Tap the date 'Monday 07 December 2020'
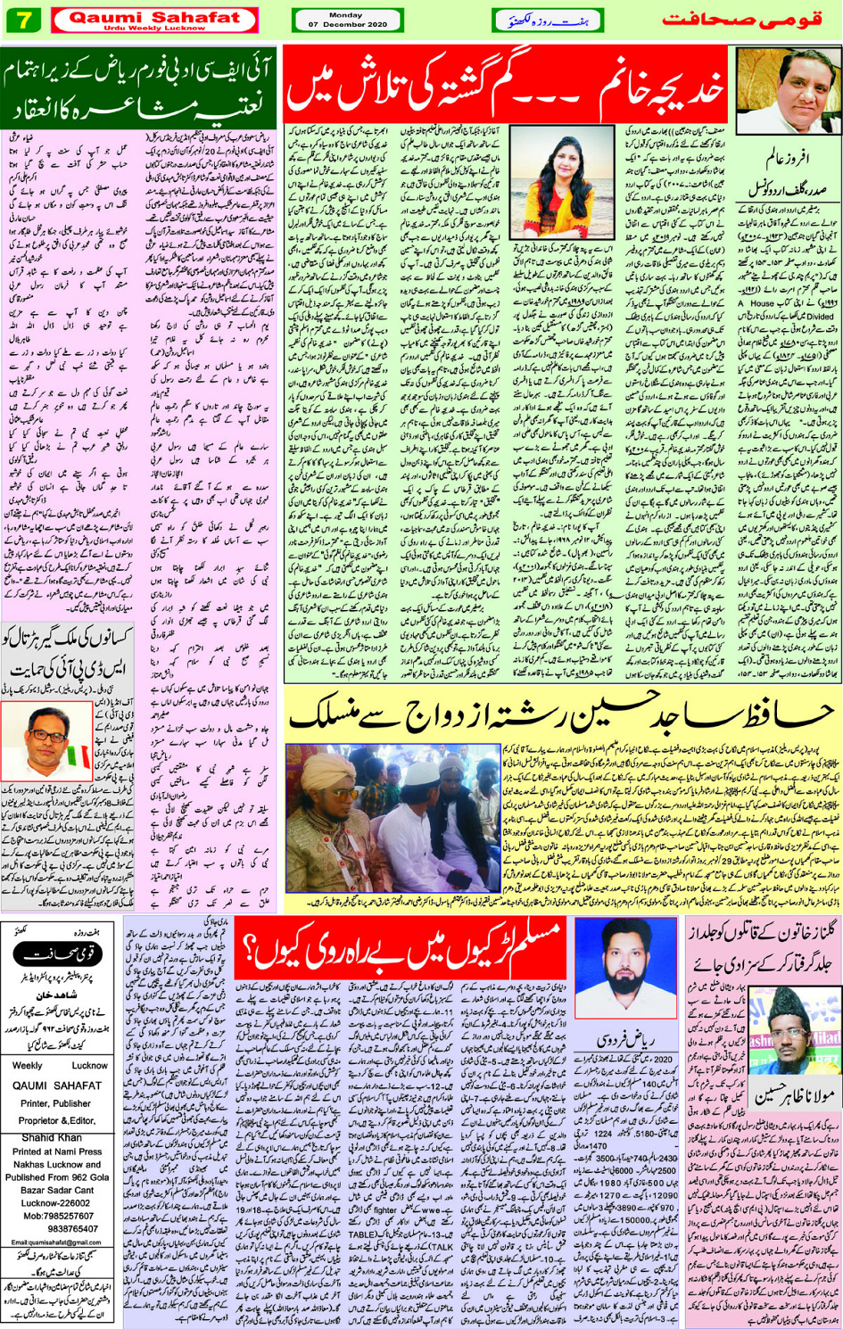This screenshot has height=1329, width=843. (347, 20)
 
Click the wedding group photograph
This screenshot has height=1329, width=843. (393, 819)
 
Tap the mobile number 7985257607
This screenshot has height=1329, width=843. (59, 1215)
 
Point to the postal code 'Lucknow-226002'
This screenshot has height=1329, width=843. (59, 1202)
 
